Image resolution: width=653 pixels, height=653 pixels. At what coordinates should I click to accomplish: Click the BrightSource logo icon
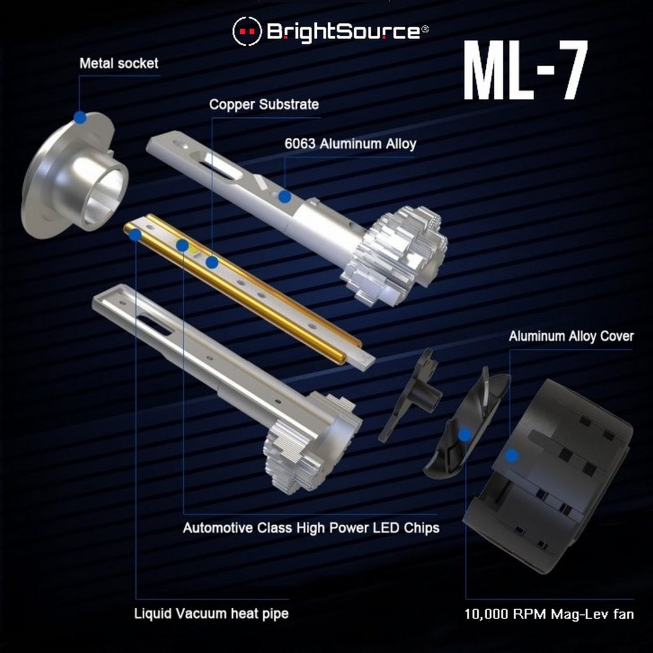point(247,31)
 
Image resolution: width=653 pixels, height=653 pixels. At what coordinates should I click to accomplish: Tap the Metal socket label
point(119,64)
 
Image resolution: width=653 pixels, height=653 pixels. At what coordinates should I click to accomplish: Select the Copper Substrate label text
point(264,105)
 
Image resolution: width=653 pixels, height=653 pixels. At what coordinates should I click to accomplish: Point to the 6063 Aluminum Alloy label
point(350,144)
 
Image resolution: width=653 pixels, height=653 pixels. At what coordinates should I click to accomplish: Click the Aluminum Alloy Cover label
point(571,337)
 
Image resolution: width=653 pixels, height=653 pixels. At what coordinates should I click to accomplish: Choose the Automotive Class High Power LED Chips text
point(311,528)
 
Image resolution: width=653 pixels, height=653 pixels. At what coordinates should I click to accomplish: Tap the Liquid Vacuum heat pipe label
point(211,614)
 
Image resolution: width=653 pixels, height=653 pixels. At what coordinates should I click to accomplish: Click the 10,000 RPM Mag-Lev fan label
point(549,615)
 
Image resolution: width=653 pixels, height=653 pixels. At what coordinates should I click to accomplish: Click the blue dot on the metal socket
point(80,117)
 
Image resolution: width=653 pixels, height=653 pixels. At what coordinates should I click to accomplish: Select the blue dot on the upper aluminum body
point(284,197)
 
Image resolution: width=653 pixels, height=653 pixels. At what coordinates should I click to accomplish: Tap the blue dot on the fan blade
point(465,434)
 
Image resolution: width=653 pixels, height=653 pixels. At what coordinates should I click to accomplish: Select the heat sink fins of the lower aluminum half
point(306,446)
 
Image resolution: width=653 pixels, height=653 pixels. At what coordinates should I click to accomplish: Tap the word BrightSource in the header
point(343,31)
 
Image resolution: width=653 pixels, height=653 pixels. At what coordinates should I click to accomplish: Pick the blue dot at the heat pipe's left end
point(135,235)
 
